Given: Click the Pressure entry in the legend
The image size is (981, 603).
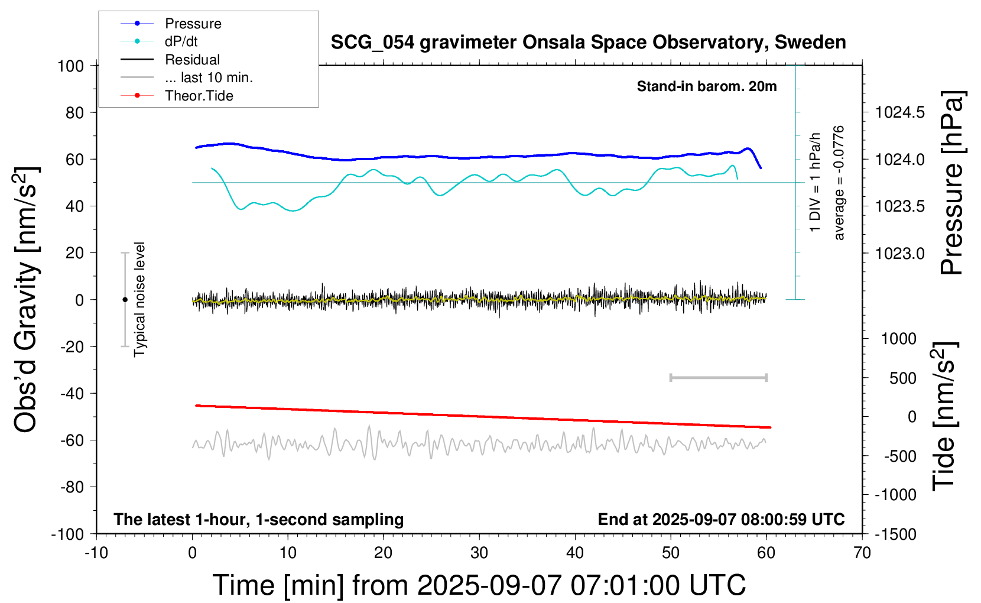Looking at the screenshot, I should tap(193, 24).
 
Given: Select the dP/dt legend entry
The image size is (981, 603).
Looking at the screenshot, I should tap(181, 41).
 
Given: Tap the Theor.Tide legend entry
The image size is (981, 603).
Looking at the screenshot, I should tap(199, 96).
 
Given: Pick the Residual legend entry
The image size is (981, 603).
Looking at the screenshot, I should tap(192, 60).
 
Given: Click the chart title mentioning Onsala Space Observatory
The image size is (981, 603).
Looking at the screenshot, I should tap(588, 43).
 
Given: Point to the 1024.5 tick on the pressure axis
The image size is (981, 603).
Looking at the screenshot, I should tap(899, 112).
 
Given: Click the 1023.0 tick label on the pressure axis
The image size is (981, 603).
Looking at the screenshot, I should tap(899, 253).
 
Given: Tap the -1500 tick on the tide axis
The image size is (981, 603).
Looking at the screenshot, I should tap(896, 534).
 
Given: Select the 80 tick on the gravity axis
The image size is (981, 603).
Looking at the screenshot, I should tap(74, 112).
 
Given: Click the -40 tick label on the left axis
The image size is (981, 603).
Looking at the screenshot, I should tap(72, 393).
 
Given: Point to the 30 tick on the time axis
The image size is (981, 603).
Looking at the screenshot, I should tap(479, 553).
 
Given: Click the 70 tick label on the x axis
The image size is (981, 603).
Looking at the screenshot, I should tap(862, 553).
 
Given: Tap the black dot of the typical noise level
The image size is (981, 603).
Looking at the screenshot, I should tap(125, 300).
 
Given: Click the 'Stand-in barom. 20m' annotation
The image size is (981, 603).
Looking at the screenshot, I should tap(706, 86).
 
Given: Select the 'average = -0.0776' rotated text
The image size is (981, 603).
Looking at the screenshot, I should tap(839, 183).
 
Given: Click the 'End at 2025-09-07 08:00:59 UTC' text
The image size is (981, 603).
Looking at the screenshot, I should tap(721, 519).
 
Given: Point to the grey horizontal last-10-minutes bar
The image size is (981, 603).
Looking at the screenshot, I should tap(718, 377).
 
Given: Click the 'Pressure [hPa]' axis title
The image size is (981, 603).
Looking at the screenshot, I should tap(952, 183).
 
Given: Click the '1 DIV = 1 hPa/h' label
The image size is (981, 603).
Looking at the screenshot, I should tap(816, 183).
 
